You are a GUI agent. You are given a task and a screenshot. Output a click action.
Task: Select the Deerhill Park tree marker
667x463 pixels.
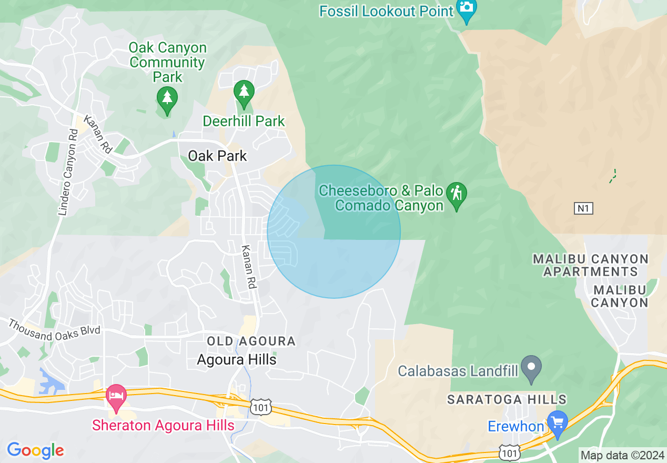244,93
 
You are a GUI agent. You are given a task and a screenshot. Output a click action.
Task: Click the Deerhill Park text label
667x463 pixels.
244,122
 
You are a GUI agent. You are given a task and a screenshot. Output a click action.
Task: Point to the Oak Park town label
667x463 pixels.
217,156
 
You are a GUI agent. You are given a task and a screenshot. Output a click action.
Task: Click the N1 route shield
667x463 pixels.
583,209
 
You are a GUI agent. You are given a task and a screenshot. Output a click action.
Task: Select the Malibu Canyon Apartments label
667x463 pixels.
591,265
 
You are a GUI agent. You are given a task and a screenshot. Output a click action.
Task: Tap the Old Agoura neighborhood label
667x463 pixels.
251,341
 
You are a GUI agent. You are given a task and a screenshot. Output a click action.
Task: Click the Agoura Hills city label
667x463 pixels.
237,360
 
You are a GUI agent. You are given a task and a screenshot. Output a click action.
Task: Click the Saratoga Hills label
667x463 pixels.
507,400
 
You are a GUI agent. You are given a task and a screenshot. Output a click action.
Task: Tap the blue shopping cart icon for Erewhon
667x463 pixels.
558,422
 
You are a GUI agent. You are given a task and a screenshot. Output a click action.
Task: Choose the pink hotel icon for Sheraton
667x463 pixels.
116,396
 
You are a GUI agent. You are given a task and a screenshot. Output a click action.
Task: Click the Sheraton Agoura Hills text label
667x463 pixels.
163,425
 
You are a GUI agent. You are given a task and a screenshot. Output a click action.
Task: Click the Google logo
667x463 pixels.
35,450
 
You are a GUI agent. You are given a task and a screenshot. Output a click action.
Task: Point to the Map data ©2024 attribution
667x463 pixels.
622,455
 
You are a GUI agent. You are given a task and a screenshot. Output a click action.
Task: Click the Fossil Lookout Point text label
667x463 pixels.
386,11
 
